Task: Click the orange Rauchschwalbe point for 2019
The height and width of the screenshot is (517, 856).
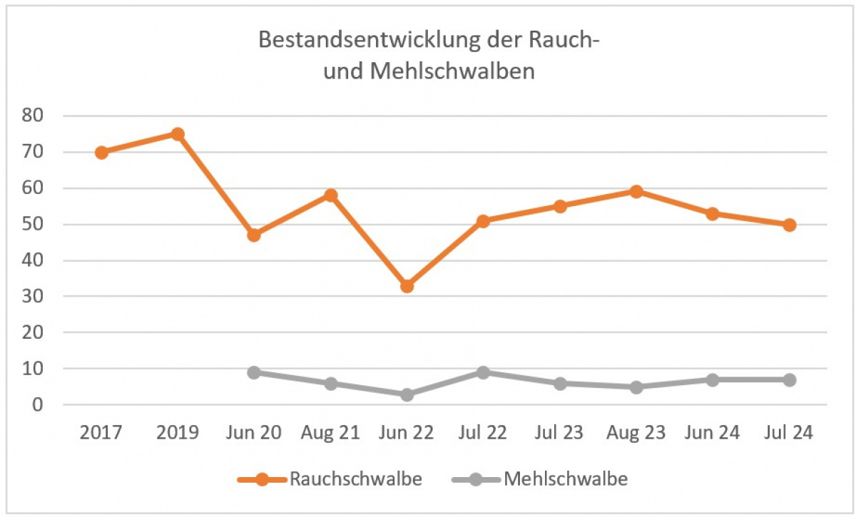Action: point(178,134)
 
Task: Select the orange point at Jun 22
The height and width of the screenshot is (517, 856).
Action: point(407,286)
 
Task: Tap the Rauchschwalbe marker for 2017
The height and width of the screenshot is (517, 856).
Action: point(101,152)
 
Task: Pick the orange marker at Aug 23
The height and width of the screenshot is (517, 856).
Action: point(636,191)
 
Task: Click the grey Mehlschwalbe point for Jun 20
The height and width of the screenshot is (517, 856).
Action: point(254,372)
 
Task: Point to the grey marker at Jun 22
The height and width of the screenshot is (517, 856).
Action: point(407,394)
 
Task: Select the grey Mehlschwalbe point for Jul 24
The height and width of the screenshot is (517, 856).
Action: point(789,379)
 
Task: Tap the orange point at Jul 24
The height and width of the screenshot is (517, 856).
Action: point(789,225)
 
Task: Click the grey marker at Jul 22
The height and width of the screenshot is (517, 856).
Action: point(483,372)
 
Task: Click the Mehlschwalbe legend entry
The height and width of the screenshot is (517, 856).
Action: point(540,478)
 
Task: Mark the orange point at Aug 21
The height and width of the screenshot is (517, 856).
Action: point(330,195)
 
